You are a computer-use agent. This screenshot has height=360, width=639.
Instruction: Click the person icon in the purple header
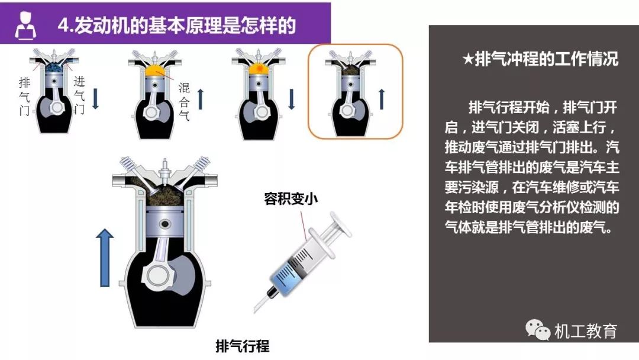[x=25, y=25]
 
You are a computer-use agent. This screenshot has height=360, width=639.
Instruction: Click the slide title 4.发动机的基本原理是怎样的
[x=176, y=25]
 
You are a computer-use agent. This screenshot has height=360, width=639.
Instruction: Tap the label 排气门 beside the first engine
[x=24, y=97]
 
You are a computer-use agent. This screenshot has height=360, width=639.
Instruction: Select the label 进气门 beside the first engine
[x=79, y=95]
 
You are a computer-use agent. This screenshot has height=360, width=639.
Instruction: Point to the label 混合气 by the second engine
[x=184, y=101]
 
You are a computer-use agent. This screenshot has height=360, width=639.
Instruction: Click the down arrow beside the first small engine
[x=95, y=99]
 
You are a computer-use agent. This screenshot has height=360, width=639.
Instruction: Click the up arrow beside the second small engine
[x=200, y=99]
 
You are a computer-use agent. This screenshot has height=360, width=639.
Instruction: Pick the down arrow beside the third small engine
[x=291, y=99]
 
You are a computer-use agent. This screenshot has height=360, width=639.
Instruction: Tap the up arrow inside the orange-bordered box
[x=382, y=99]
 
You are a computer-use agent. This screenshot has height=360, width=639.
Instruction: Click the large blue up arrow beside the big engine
[x=105, y=258]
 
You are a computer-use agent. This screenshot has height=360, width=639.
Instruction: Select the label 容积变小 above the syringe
[x=291, y=199]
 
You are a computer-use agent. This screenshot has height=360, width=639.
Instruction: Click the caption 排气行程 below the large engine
[x=243, y=346]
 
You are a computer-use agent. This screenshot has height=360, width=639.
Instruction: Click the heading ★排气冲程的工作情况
[x=540, y=59]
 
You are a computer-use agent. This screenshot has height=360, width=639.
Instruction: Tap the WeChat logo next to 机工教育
[x=537, y=329]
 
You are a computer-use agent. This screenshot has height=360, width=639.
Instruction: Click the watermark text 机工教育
[x=585, y=330]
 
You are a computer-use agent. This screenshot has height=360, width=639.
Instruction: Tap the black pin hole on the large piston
[x=164, y=224]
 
